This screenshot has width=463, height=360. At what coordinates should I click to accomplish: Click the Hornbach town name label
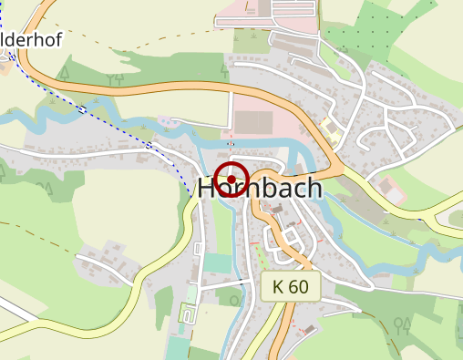pyautogui.click(x=261, y=189)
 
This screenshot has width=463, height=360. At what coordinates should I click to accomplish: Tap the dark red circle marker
pyautogui.click(x=233, y=179)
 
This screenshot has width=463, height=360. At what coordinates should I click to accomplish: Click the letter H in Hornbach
pyautogui.click(x=209, y=189)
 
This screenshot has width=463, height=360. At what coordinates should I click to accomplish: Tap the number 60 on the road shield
pyautogui.click(x=300, y=287)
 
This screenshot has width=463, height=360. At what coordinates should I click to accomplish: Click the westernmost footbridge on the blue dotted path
pyautogui.click(x=83, y=109)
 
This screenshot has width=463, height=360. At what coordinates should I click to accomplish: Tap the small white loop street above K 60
pyautogui.click(x=292, y=243)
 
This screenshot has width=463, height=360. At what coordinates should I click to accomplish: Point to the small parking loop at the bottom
pyautogui.click(x=189, y=315)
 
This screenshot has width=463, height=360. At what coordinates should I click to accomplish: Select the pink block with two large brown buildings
pyautogui.click(x=255, y=123)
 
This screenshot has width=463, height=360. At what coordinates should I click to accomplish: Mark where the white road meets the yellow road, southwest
pyautogui.click(x=136, y=273)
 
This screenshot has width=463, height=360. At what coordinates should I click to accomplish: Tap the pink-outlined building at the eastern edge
pyautogui.click(x=390, y=190)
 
